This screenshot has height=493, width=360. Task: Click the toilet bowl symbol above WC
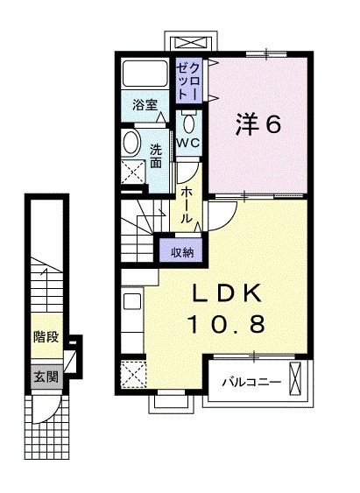188,120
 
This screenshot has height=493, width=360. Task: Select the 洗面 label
155,155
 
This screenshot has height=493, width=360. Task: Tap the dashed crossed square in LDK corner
135,375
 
